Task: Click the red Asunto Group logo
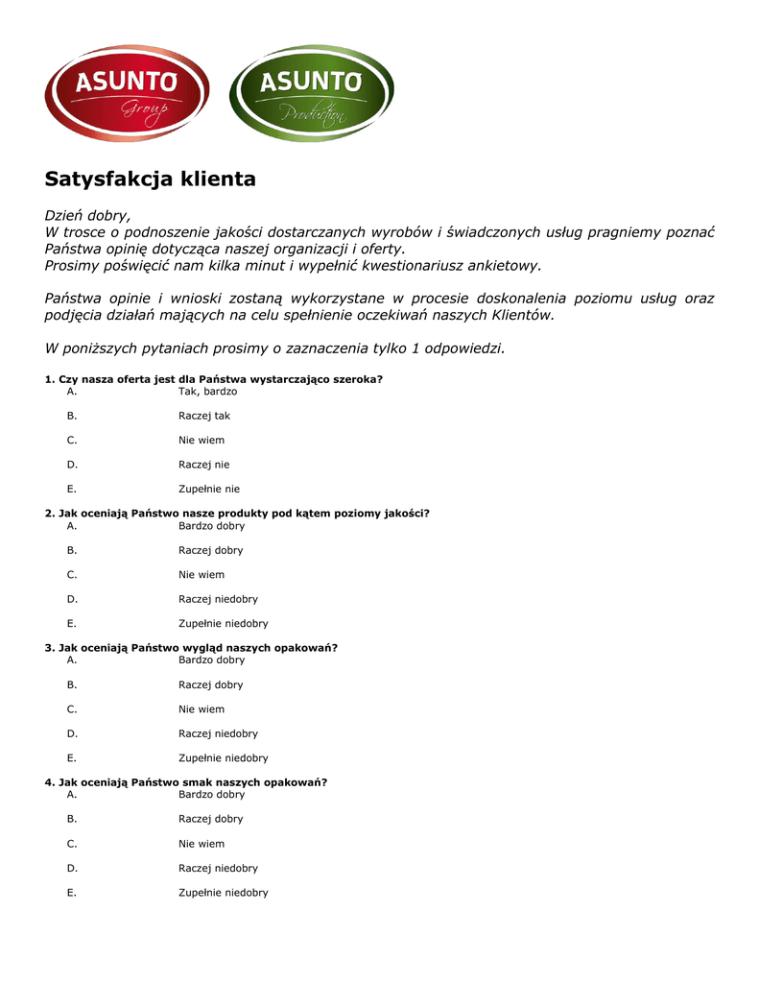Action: pos(127,92)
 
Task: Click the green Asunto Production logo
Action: pos(311,92)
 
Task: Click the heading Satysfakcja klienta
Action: pos(151,180)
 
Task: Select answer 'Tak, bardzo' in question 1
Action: pos(207,392)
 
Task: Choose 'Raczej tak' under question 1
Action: pos(203,416)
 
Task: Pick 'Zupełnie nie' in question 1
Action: pos(209,489)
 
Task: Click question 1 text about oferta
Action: pos(214,379)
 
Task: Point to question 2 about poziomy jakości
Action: pos(237,514)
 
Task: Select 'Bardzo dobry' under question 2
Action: pos(211,526)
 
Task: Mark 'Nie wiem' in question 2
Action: pos(201,575)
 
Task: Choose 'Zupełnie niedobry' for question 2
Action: pos(223,623)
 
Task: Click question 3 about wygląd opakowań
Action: pos(191,648)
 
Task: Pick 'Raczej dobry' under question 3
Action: pos(210,684)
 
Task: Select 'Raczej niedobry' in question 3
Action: pos(218,733)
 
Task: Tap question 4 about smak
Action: pos(185,782)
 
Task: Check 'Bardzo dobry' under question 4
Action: pos(211,795)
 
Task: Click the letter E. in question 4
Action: pos(72,893)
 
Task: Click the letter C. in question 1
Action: pos(72,441)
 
